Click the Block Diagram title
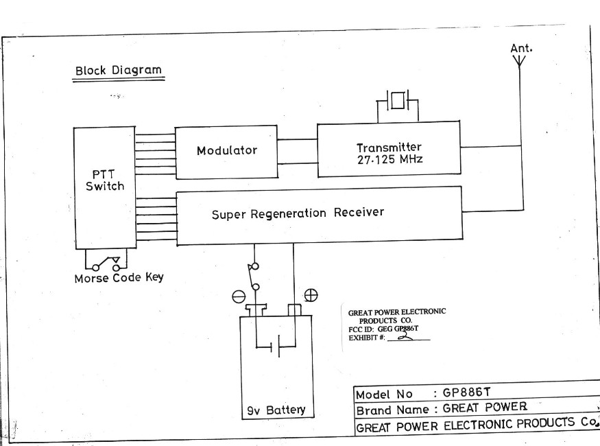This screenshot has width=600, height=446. point(119,70)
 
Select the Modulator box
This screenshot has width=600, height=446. point(226,150)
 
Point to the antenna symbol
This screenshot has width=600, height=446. point(520,62)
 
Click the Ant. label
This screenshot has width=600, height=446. point(522,48)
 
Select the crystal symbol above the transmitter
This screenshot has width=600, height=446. point(398,103)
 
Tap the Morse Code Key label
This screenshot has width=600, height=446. point(119,279)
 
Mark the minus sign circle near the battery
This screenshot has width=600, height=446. point(239,296)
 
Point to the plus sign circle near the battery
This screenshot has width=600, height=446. point(311,295)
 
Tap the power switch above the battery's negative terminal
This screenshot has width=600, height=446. point(254,277)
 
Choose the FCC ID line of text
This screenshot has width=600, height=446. point(384,329)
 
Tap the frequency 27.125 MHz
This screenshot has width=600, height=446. point(388,161)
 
